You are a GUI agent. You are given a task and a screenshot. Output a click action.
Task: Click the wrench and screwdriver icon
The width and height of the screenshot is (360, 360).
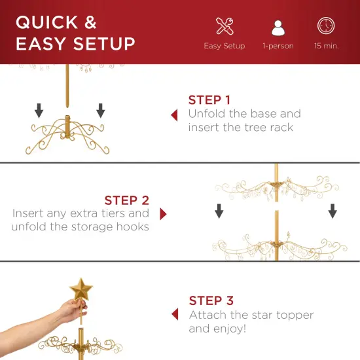[224, 26]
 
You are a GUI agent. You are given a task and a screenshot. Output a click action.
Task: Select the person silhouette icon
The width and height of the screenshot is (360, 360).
[278, 27]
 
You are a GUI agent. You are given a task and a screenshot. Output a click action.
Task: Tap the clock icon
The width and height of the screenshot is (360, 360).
[325, 26]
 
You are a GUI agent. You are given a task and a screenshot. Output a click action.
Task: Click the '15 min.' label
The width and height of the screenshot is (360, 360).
[325, 46]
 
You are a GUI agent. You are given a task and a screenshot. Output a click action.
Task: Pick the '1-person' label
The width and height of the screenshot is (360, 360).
[278, 46]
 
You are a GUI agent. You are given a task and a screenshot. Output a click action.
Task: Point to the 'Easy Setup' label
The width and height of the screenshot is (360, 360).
[224, 46]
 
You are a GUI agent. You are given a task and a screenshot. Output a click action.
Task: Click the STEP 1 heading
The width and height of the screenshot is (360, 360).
[209, 100]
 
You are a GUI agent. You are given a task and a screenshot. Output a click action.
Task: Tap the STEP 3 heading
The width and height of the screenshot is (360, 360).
[211, 301]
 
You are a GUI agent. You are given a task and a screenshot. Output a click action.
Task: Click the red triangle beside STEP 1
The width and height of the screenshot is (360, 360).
[174, 115]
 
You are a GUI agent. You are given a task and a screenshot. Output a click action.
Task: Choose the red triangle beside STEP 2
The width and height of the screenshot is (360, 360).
[163, 214]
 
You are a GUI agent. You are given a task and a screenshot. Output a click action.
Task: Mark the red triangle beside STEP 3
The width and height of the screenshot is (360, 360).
[174, 315]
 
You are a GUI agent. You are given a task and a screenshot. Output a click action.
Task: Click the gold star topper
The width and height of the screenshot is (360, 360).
[81, 289]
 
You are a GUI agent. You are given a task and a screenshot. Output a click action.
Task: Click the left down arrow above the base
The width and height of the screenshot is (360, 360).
[39, 110]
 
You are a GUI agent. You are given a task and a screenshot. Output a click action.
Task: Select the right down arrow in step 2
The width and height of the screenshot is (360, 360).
[333, 210]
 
